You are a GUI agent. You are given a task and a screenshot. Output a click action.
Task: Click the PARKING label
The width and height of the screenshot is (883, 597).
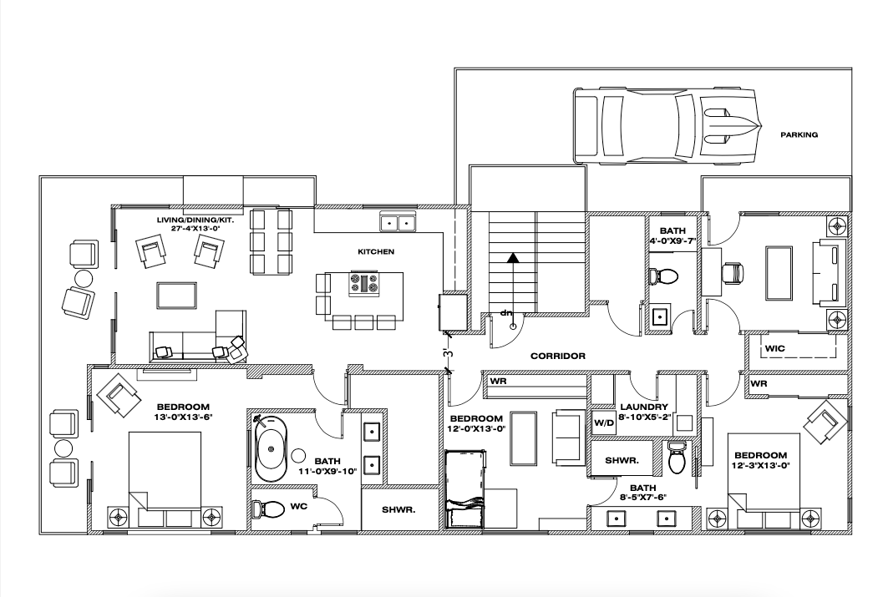[799, 134]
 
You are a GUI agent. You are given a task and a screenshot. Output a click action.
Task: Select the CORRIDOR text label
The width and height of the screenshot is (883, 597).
[558, 356]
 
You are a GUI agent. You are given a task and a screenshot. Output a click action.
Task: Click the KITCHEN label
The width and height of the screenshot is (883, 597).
[376, 251]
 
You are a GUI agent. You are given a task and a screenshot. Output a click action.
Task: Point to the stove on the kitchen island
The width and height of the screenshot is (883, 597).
[364, 284]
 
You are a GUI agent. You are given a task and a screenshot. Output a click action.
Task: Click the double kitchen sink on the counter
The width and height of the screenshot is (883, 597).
[398, 223]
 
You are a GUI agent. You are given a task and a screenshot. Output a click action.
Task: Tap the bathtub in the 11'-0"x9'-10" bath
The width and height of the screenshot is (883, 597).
[270, 449]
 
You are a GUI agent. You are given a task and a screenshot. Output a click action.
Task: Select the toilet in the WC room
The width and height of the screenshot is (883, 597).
[271, 508]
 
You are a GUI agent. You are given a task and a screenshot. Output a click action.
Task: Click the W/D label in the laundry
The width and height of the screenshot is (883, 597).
[603, 422]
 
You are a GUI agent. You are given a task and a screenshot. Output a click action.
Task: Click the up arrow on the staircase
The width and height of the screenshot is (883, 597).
[513, 258]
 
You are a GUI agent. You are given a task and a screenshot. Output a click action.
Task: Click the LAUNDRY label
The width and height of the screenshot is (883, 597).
[643, 407]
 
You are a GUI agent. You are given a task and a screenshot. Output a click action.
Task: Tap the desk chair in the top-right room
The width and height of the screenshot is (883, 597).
[732, 272]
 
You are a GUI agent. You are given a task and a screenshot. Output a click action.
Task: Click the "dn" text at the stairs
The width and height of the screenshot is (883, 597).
[506, 313]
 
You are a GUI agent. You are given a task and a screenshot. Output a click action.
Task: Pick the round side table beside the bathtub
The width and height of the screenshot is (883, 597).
[299, 456]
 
